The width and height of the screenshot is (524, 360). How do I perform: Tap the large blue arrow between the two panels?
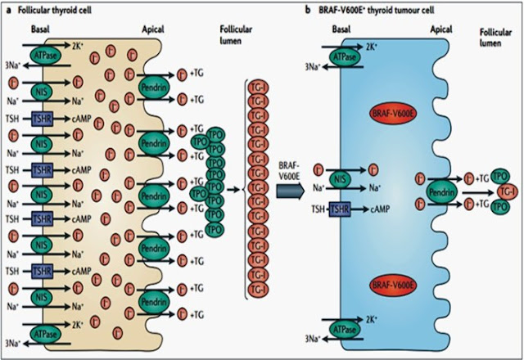(x=293, y=190)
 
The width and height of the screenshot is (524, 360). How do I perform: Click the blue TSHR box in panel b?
(x=339, y=210)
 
